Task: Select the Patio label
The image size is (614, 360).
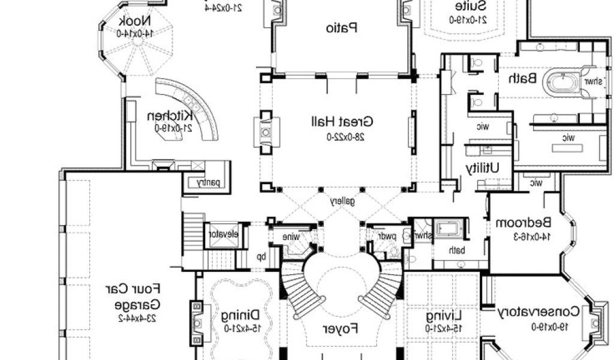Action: tap(342, 27)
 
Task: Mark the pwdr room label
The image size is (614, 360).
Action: tap(390, 236)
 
